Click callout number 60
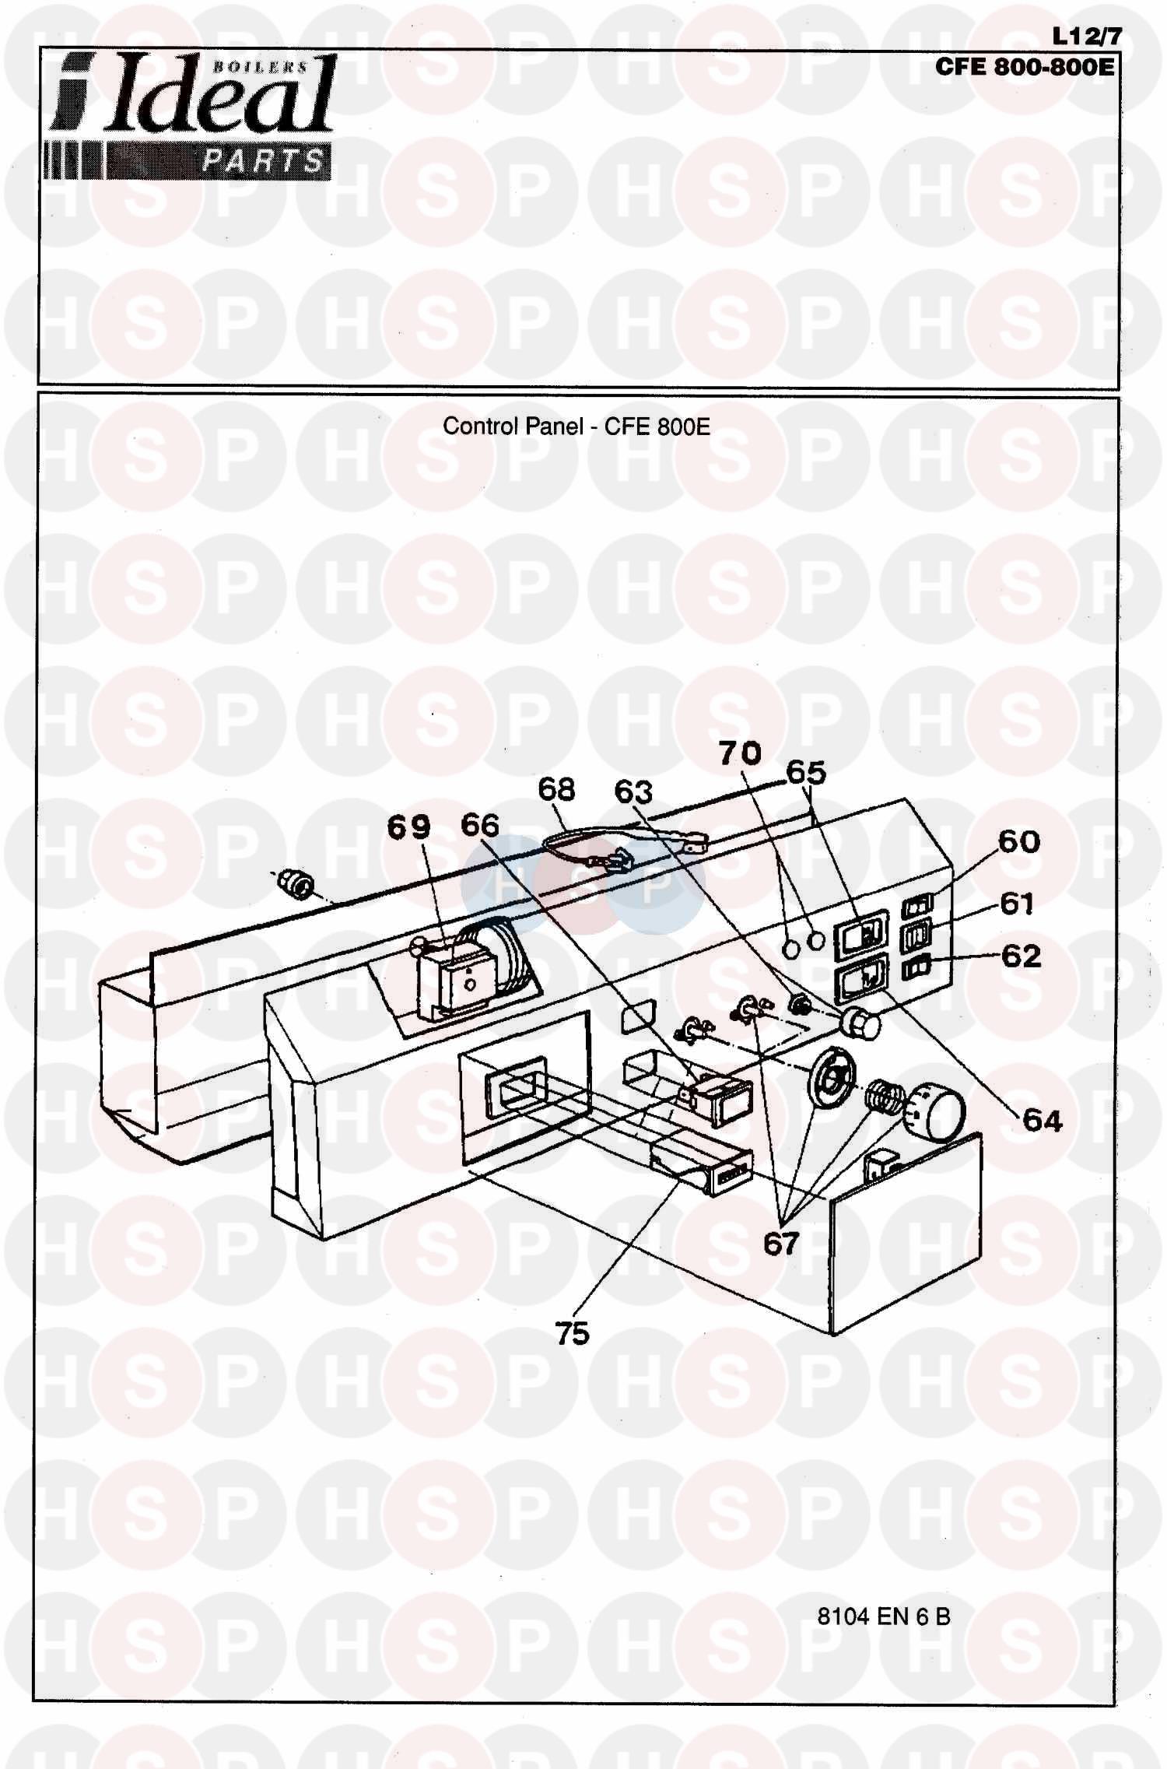click(1019, 842)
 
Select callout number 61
click(1017, 904)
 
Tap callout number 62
click(1020, 956)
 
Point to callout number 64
click(1043, 1121)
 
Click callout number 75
click(573, 1334)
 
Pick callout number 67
click(781, 1244)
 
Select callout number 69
click(409, 827)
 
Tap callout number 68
click(556, 789)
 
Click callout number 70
click(740, 753)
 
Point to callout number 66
click(480, 825)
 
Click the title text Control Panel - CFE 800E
click(576, 426)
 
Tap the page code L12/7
click(1086, 36)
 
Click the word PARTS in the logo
click(263, 160)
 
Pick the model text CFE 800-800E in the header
click(1024, 66)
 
